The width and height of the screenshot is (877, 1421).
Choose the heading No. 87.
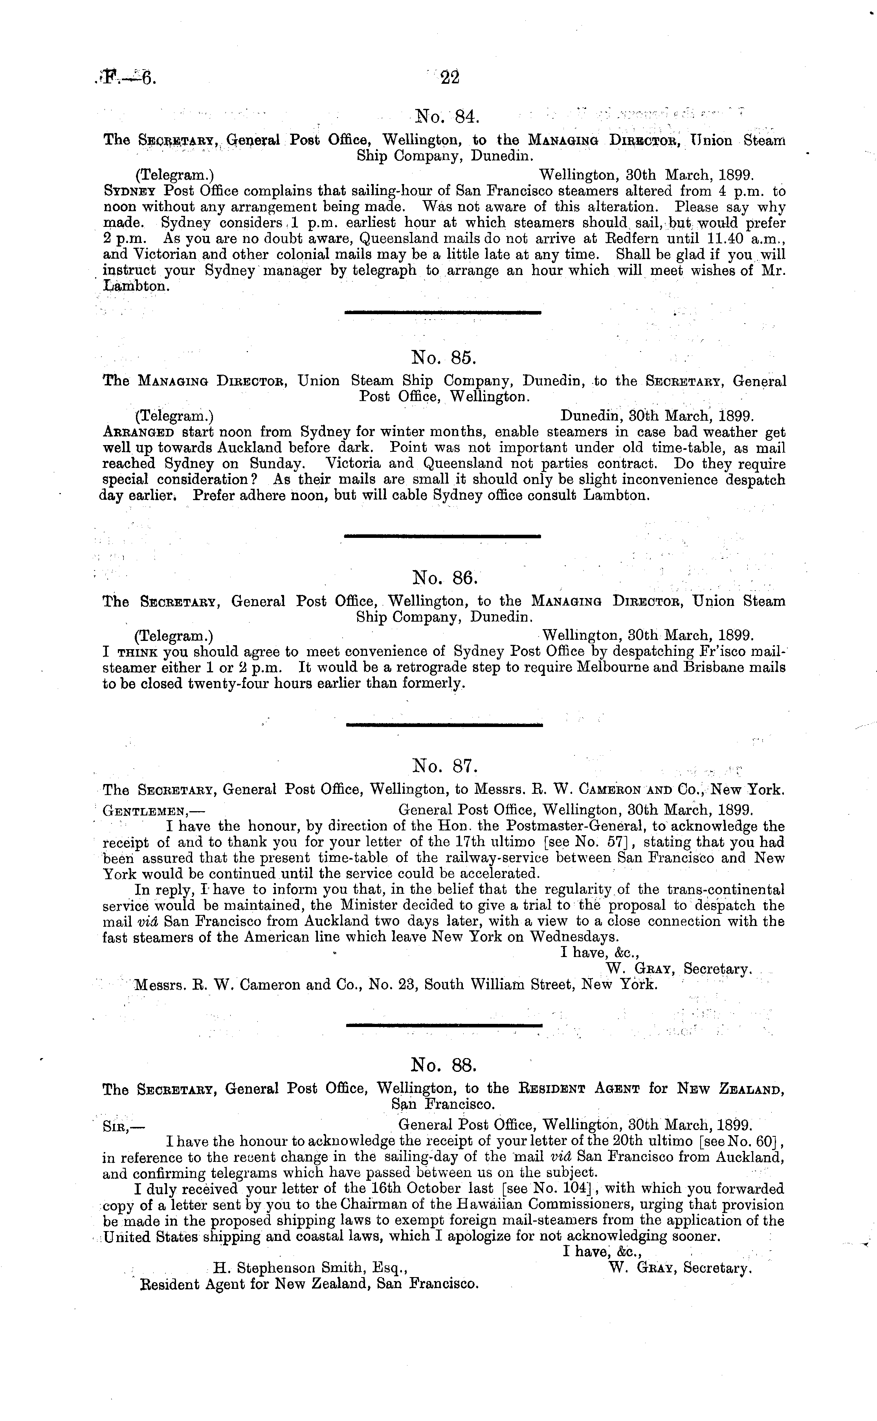click(444, 766)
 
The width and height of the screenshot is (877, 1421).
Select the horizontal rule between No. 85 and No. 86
click(442, 536)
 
